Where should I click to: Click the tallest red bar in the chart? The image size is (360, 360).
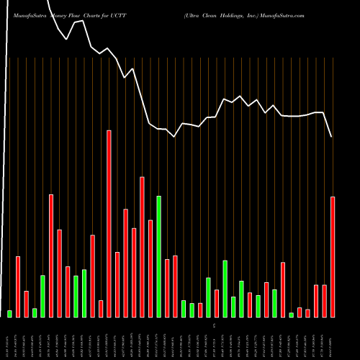pyautogui.click(x=109, y=223)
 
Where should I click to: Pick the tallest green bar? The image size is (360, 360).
pyautogui.click(x=159, y=256)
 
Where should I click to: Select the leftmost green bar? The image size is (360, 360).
pyautogui.click(x=10, y=313)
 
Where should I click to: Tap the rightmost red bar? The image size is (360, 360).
pyautogui.click(x=333, y=256)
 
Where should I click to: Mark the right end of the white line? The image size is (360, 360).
pyautogui.click(x=332, y=137)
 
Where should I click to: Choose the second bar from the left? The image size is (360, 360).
pyautogui.click(x=18, y=287)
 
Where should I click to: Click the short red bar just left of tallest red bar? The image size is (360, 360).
pyautogui.click(x=101, y=308)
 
